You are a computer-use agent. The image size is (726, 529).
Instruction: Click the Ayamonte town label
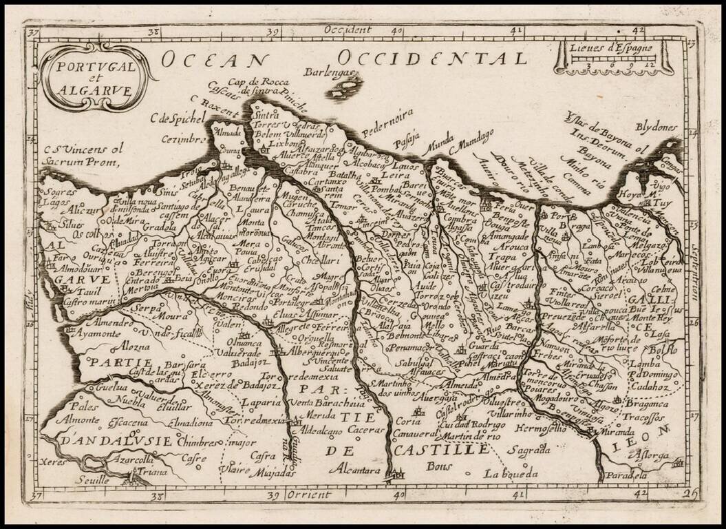(98, 333)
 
